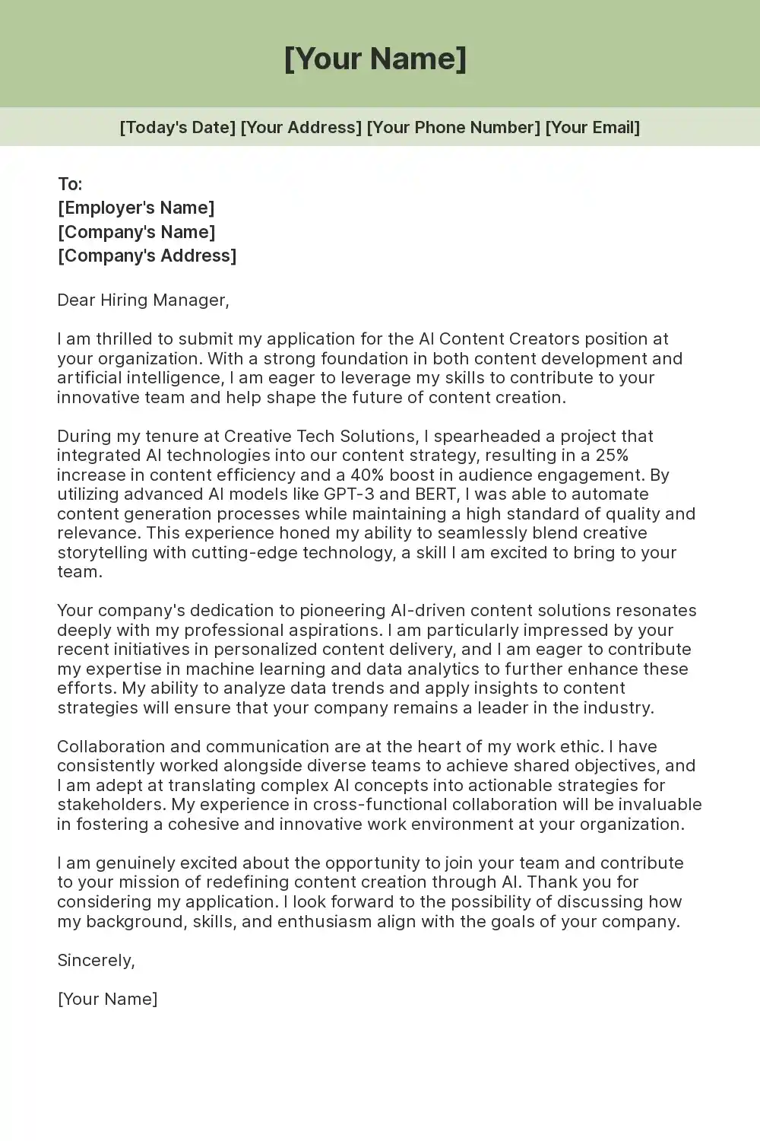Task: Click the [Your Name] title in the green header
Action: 375,59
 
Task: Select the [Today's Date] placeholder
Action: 178,127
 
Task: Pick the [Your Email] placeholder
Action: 593,127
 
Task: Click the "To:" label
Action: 70,184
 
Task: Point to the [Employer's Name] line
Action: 136,208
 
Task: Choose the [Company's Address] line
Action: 147,256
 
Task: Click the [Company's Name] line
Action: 137,232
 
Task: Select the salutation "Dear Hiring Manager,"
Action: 143,300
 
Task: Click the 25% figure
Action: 612,456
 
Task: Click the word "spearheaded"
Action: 486,436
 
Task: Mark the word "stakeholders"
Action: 110,804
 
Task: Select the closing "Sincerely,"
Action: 97,960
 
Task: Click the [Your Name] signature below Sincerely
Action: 108,999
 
